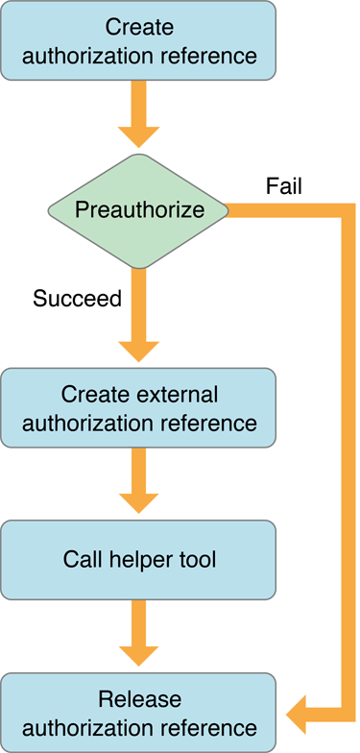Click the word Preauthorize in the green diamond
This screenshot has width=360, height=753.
139,208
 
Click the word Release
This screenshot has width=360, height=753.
139,698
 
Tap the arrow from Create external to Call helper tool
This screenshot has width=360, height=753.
139,485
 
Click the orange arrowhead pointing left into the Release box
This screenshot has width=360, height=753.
294,712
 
